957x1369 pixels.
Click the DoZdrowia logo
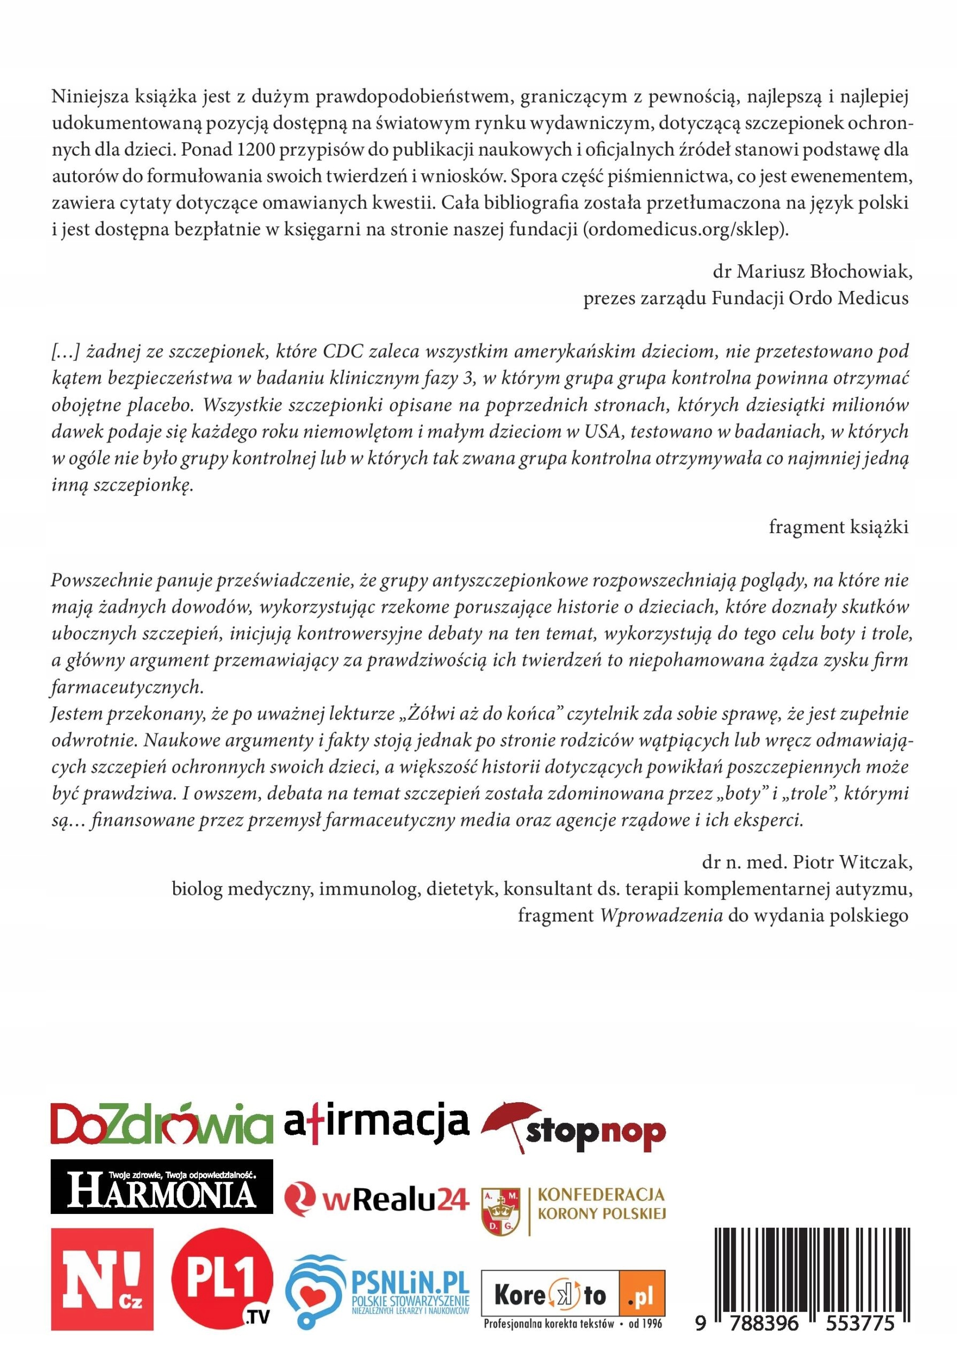click(161, 1125)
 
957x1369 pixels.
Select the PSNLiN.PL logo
click(377, 1282)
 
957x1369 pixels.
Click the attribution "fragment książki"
click(838, 527)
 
